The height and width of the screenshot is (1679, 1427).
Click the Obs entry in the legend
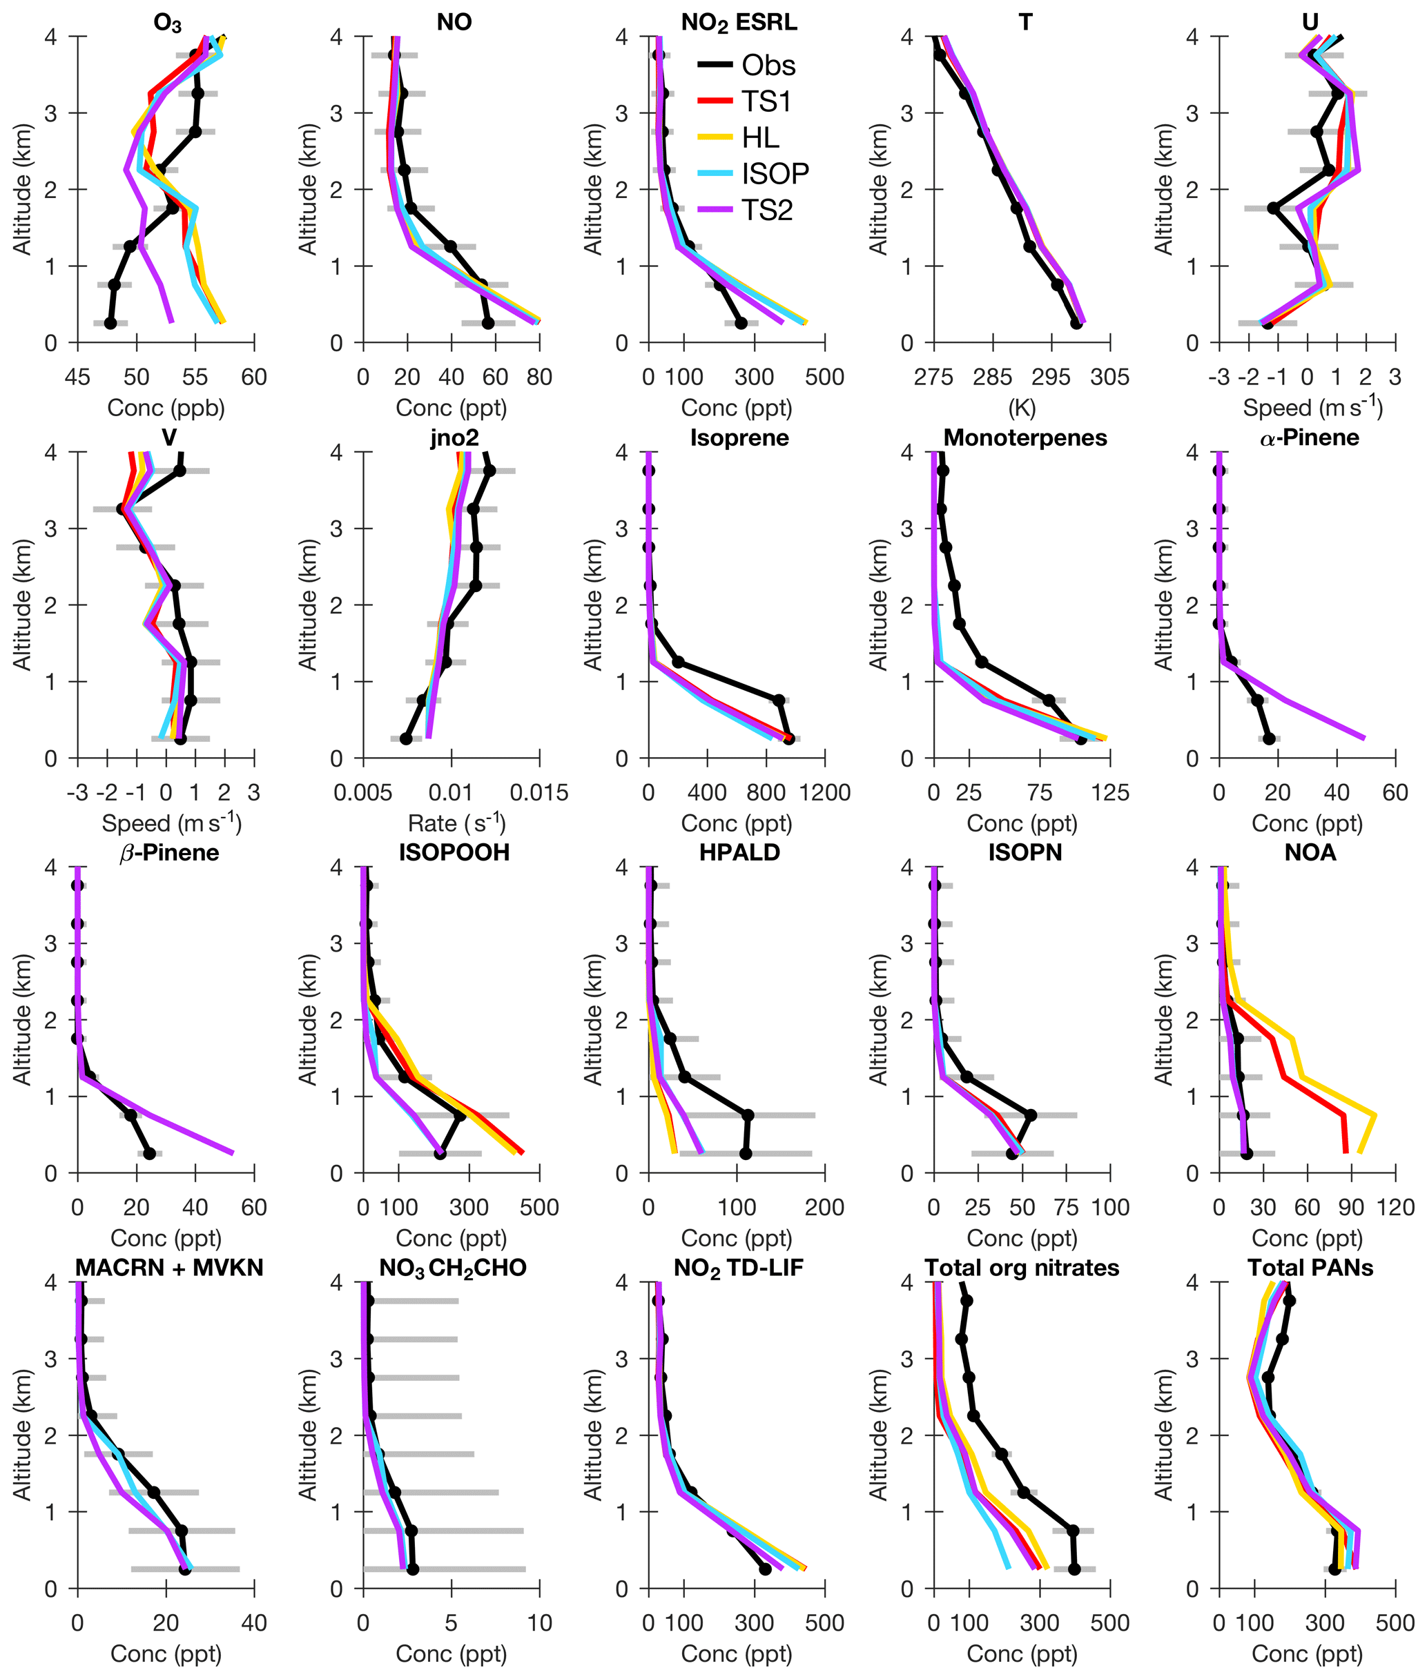[x=768, y=66]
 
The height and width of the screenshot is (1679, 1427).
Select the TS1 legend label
[x=766, y=102]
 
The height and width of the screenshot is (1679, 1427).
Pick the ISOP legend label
[x=775, y=174]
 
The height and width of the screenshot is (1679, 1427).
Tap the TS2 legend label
[x=767, y=210]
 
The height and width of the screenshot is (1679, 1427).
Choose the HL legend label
[x=760, y=138]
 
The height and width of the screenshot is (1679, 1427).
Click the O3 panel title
[x=168, y=23]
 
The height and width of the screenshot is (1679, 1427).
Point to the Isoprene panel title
[x=739, y=438]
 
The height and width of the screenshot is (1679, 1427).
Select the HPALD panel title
[x=739, y=852]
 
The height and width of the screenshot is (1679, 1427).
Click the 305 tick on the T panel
[x=1110, y=377]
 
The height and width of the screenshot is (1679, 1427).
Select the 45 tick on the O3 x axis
[x=77, y=377]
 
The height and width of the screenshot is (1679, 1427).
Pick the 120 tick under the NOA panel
[x=1395, y=1208]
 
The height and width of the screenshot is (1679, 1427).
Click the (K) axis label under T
[x=1022, y=408]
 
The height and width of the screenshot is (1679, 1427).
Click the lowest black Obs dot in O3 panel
[x=110, y=324]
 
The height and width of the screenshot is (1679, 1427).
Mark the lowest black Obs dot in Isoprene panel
[x=788, y=738]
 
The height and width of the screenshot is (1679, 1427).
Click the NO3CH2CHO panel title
[x=453, y=1268]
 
